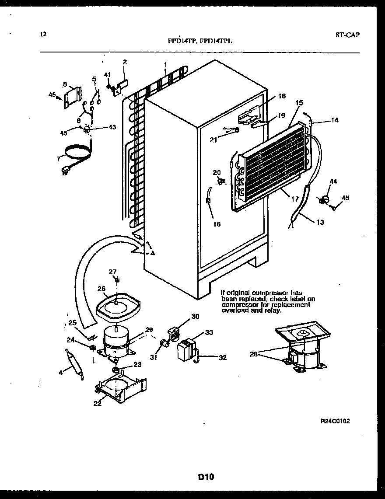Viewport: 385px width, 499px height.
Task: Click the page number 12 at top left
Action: click(x=42, y=35)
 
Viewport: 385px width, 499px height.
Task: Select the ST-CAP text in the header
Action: click(x=348, y=35)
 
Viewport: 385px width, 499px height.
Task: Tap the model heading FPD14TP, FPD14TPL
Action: click(x=200, y=41)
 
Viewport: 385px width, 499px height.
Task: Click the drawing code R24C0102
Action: click(x=335, y=421)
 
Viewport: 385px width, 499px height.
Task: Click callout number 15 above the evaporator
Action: click(x=299, y=103)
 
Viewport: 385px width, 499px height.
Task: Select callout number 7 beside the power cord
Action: click(x=58, y=158)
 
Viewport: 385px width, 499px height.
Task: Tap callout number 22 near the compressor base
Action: click(x=97, y=403)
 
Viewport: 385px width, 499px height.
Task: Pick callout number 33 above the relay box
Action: click(x=209, y=332)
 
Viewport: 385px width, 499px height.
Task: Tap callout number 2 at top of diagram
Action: click(x=125, y=62)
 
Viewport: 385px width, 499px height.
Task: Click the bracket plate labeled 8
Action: click(x=72, y=96)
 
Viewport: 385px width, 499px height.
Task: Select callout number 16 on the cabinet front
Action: click(x=217, y=224)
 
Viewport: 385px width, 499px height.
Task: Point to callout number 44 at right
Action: click(x=333, y=181)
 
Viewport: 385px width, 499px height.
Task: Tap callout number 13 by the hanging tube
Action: click(x=320, y=222)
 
